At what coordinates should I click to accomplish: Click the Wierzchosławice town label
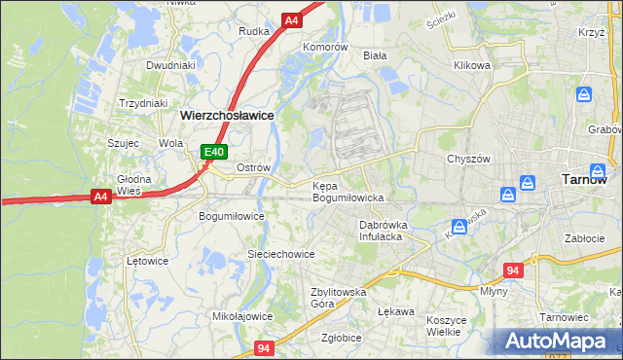[x=227, y=114]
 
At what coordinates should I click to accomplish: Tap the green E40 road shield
[x=215, y=152]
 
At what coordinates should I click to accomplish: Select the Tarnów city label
[x=585, y=179]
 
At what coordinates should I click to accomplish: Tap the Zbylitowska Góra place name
[x=337, y=297]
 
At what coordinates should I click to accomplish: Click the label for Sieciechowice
[x=280, y=254]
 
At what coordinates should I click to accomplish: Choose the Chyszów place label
[x=466, y=159]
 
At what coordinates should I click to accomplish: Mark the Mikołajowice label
[x=241, y=316]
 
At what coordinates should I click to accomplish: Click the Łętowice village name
[x=148, y=261]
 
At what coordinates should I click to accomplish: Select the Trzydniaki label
[x=143, y=103]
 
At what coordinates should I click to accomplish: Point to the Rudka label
[x=254, y=31]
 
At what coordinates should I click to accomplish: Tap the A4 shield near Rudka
[x=292, y=19]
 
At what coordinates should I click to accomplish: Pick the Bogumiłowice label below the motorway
[x=232, y=216]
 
